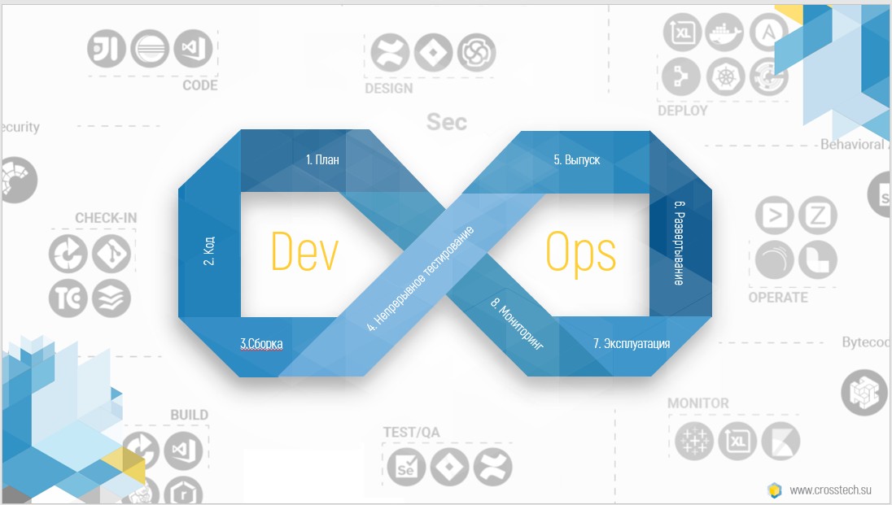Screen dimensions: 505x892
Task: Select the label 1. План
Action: [x=322, y=160]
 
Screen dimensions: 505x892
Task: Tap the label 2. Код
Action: [x=208, y=251]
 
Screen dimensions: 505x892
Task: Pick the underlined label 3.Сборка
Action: [x=261, y=344]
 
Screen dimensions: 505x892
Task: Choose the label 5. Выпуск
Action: [x=577, y=160]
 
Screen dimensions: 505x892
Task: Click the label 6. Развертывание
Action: [x=680, y=242]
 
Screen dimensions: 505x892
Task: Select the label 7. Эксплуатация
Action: [x=632, y=344]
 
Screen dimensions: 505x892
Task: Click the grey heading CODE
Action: [x=200, y=85]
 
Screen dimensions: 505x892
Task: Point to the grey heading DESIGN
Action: [x=388, y=89]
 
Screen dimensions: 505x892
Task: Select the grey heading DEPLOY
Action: [x=682, y=111]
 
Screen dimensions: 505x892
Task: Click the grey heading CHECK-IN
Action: [x=106, y=218]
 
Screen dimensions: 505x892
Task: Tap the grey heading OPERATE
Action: [x=778, y=298]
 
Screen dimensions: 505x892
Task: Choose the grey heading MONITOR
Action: [x=698, y=403]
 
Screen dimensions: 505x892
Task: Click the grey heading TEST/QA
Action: [x=411, y=433]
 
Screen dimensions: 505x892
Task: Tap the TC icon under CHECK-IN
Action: [x=68, y=298]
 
